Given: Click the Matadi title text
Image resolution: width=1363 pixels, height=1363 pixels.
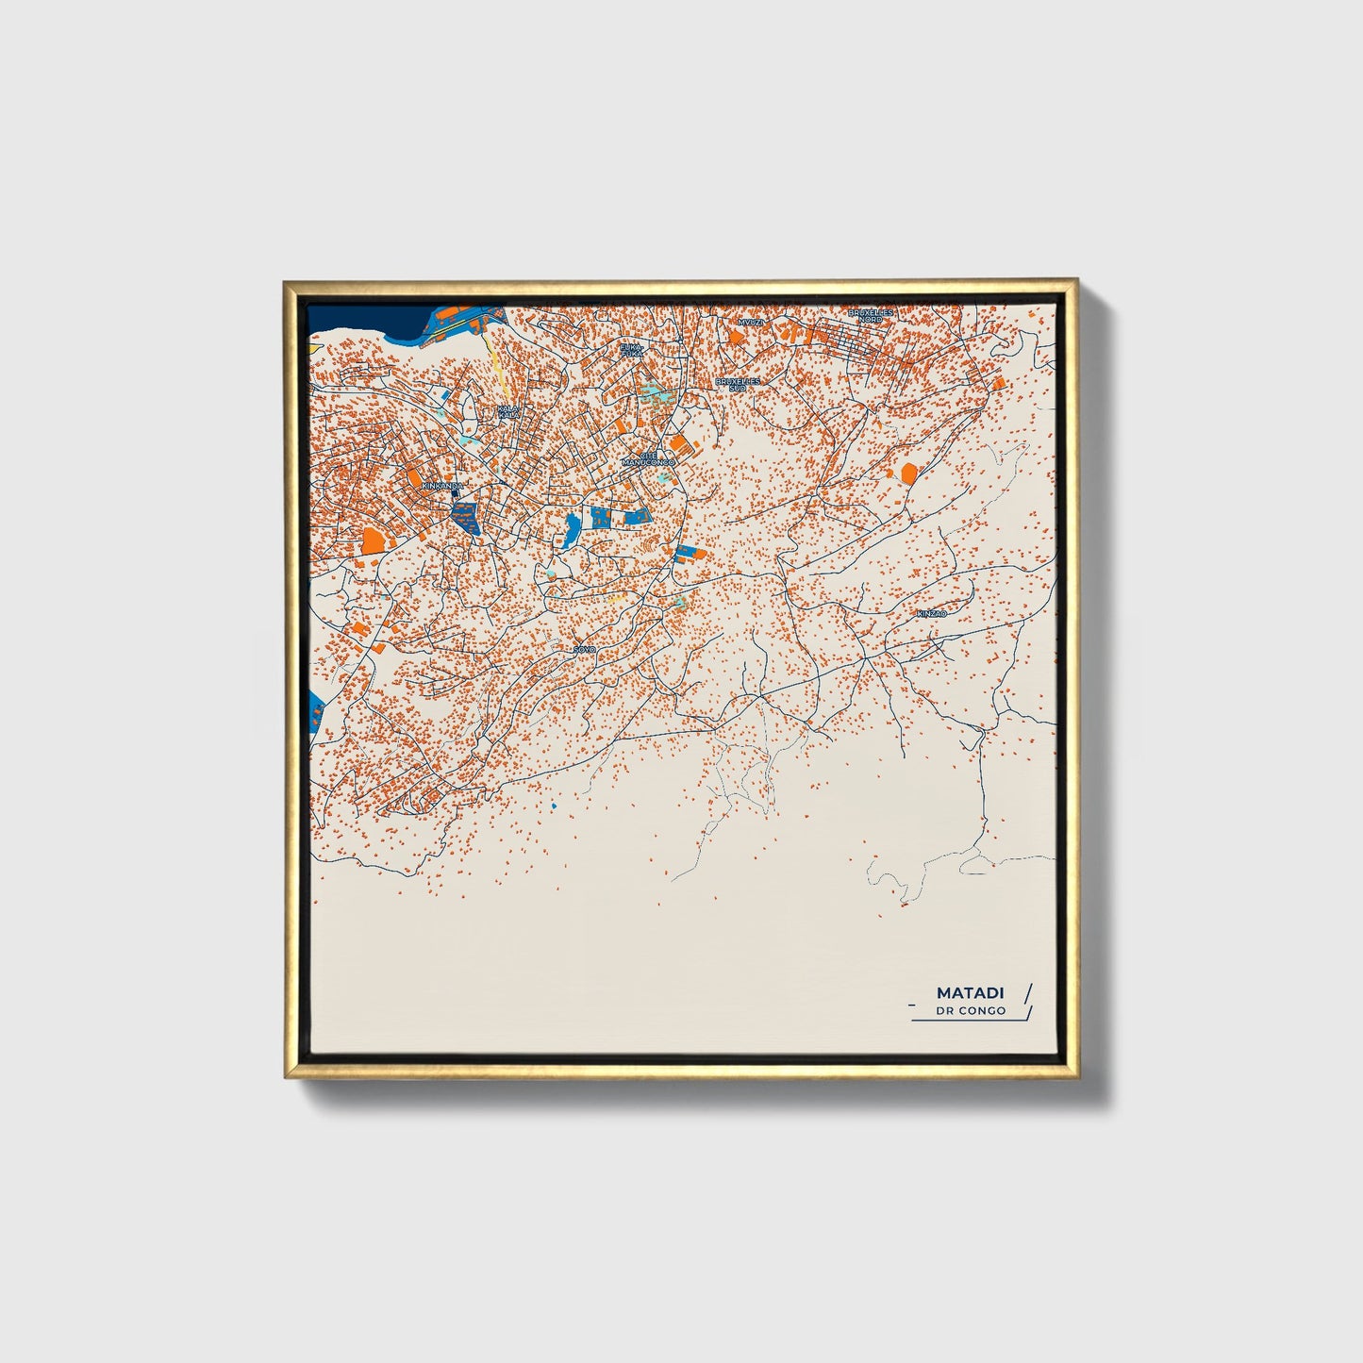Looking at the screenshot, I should (x=970, y=992).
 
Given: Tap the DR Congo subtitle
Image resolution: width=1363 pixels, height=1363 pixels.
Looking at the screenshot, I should (x=971, y=1010).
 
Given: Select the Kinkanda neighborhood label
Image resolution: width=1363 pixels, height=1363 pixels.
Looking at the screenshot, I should (x=442, y=485).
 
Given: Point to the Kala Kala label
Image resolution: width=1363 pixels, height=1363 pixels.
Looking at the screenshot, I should (x=508, y=412).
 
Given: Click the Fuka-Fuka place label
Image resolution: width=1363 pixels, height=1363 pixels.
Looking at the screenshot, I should (x=631, y=350).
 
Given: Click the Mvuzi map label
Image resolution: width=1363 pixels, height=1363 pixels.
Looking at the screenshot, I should (x=752, y=322).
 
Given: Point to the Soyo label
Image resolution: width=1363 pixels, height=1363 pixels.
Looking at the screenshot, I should (x=585, y=649).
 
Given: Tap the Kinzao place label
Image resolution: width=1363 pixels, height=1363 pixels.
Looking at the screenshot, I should (x=931, y=613).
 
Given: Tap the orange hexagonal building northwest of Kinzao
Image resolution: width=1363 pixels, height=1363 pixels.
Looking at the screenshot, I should (x=908, y=473).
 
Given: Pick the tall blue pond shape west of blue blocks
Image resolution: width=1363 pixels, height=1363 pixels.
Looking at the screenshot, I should (x=572, y=531).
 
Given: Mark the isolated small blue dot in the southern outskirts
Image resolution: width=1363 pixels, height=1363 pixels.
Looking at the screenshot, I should (x=554, y=808).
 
